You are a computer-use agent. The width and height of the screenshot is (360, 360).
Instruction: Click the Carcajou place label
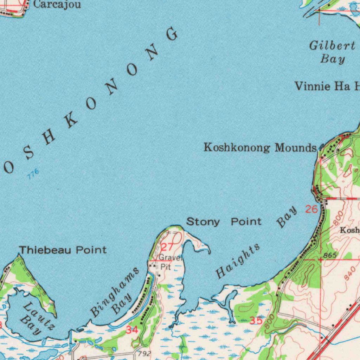(x=57, y=5)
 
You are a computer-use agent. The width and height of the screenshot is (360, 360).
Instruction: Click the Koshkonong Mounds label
(x=260, y=148)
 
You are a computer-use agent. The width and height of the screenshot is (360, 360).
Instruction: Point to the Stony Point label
(x=224, y=221)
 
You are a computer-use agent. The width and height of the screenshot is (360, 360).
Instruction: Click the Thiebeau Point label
(x=63, y=250)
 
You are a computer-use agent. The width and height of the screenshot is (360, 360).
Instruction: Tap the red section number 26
(x=311, y=210)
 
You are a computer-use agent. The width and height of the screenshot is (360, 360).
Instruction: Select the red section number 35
(x=256, y=320)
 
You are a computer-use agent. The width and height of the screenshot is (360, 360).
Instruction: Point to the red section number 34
(x=132, y=330)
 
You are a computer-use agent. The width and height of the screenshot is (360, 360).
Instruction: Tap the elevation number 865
(x=331, y=255)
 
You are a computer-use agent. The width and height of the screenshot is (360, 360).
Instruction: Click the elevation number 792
(x=144, y=353)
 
